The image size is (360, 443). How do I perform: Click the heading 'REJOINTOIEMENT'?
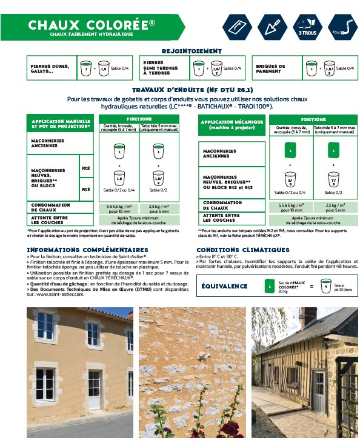(192, 52)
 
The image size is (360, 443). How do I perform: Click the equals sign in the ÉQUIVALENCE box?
(312, 285)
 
